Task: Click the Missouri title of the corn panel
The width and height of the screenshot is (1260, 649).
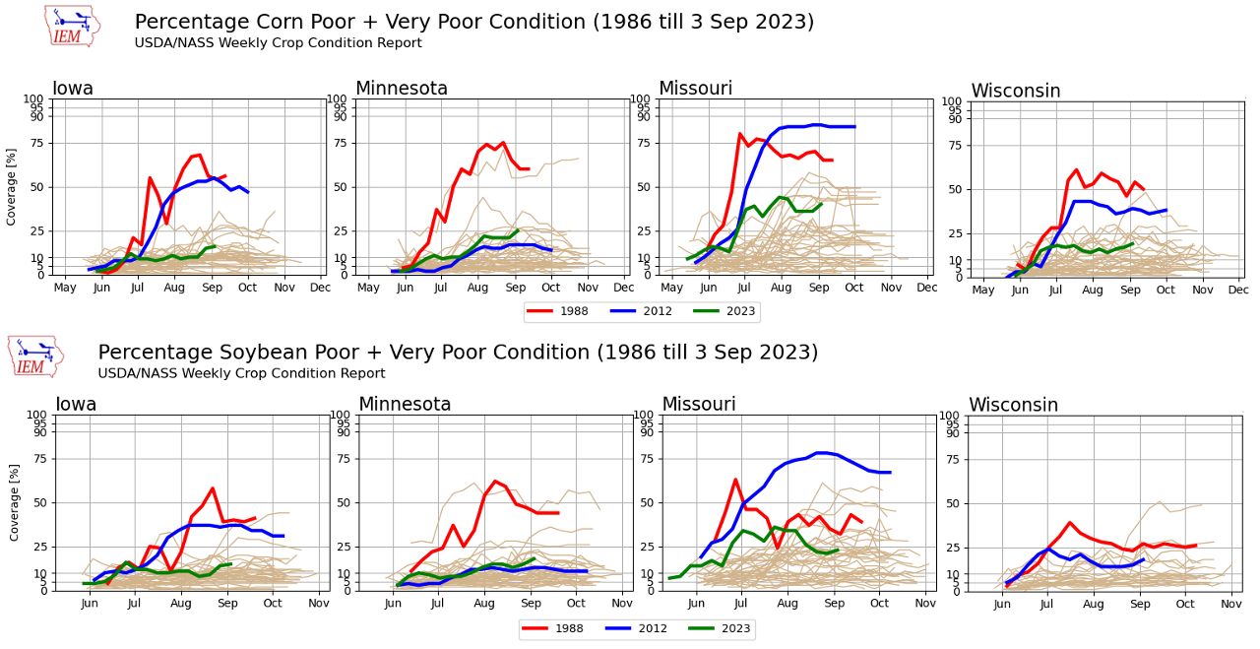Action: [695, 89]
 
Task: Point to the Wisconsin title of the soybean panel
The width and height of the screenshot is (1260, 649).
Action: [1013, 405]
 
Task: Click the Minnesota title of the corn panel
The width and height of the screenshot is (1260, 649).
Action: [401, 89]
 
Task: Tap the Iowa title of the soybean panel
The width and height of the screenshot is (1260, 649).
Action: [76, 405]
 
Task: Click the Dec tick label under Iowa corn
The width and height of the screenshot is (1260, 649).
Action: [320, 288]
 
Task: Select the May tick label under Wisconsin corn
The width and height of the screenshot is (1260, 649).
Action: [982, 291]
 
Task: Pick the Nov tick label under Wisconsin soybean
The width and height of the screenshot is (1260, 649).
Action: [1231, 603]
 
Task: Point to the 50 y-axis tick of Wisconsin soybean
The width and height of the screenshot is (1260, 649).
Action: [952, 503]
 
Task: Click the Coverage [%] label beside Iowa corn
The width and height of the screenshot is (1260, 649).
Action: [12, 187]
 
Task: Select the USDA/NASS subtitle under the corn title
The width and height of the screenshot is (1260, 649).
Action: [278, 43]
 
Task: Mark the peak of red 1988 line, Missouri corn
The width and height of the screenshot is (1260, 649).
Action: [739, 133]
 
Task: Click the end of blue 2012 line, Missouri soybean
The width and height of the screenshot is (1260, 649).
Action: [890, 473]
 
